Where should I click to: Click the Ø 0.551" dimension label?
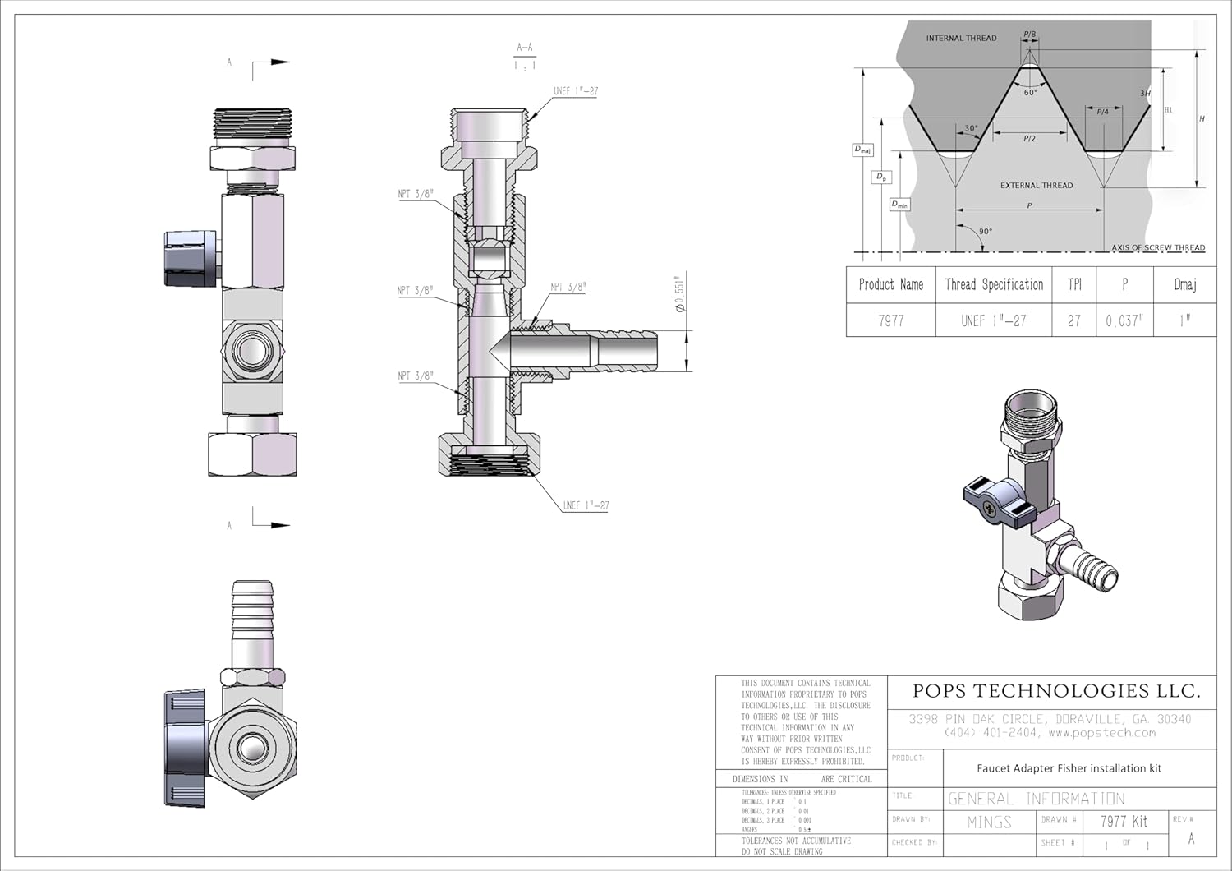point(680,293)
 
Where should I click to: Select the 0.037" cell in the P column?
point(1124,320)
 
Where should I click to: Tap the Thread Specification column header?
point(994,284)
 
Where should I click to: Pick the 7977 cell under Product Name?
point(891,320)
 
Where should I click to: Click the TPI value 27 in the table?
point(1074,320)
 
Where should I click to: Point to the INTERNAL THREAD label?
point(961,38)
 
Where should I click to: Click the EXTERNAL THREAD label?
point(1036,185)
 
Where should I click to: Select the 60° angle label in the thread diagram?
point(1030,93)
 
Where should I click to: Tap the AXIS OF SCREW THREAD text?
point(1158,247)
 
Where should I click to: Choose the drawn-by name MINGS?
point(990,822)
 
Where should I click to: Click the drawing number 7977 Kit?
point(1124,821)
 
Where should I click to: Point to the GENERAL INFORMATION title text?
point(1037,798)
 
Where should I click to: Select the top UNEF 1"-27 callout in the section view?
point(575,91)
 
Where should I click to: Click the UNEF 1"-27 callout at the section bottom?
point(586,505)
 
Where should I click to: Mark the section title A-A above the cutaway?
point(525,48)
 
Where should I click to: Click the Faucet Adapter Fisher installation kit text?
point(1069,768)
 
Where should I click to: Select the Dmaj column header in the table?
point(1184,284)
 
